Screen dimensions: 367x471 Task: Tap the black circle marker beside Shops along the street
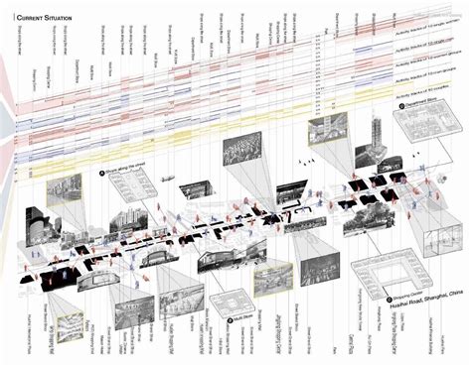(101, 172)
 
